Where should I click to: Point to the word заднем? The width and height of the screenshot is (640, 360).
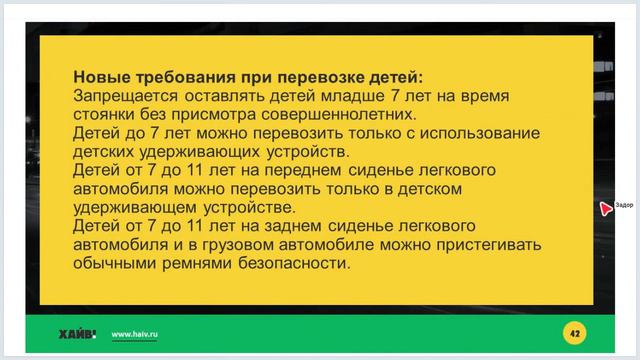click(x=298, y=227)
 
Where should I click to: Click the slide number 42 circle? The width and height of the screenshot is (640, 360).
click(x=574, y=333)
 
